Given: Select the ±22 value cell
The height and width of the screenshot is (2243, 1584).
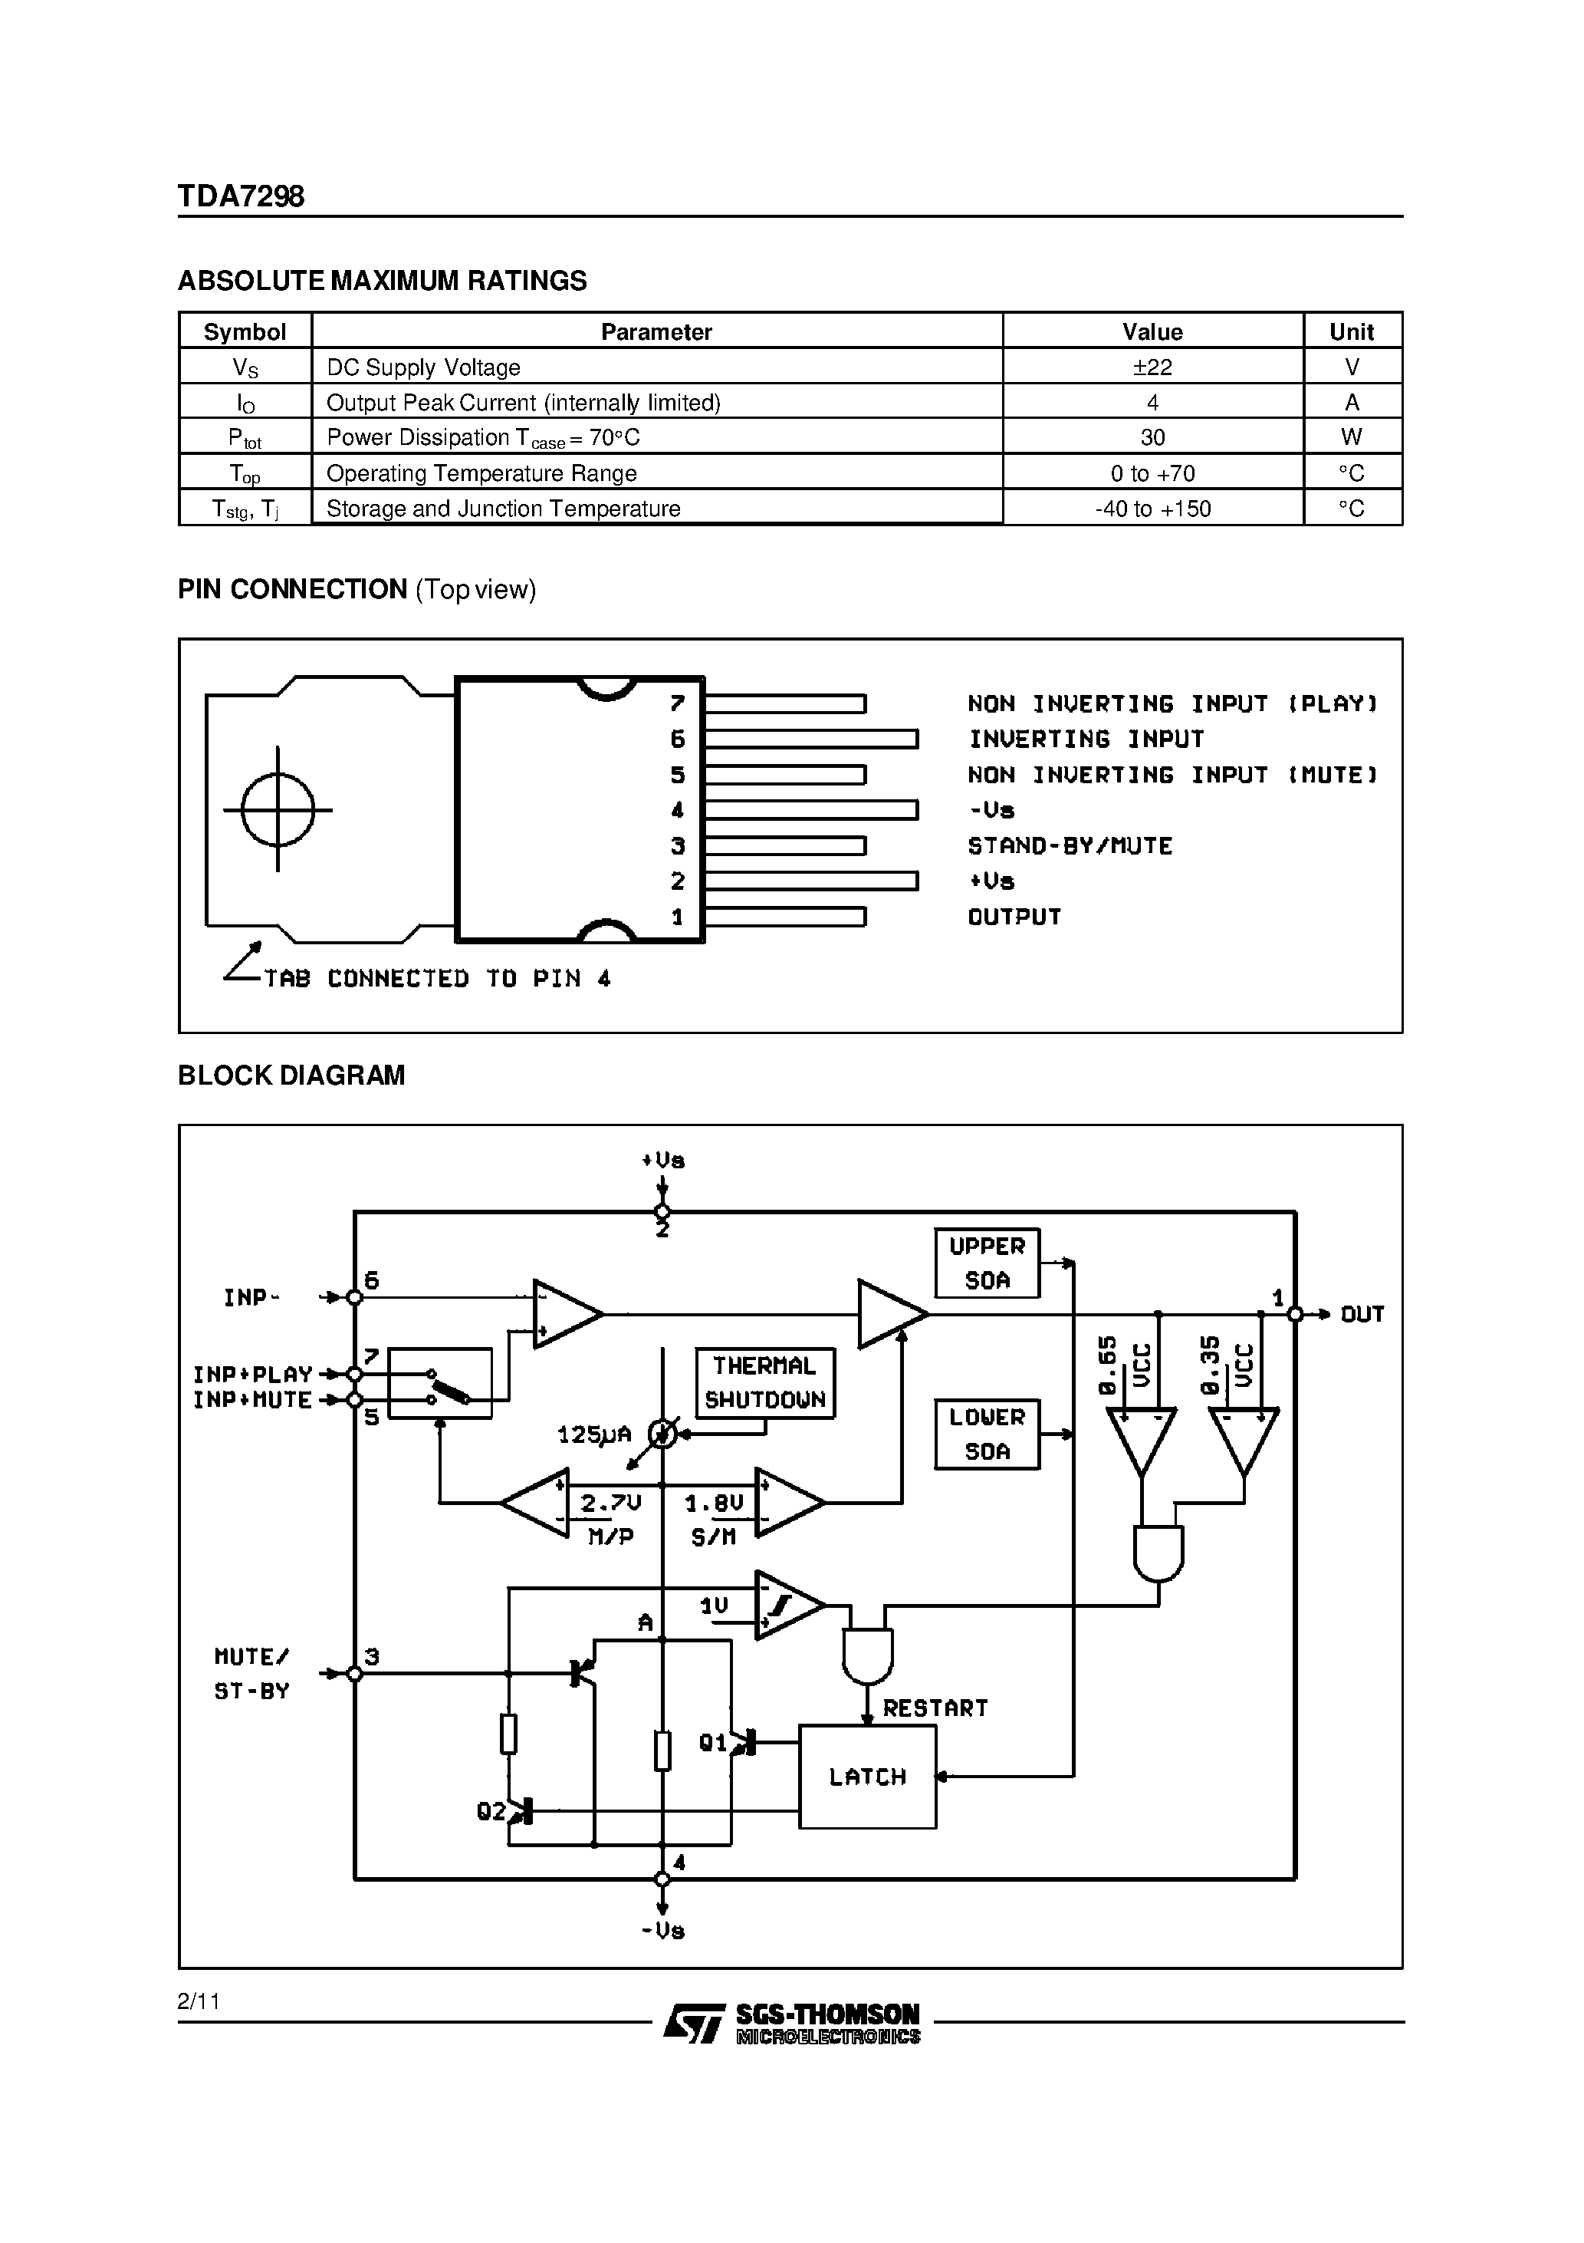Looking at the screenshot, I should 1152,367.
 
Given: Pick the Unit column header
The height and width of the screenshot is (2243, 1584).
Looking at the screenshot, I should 1352,331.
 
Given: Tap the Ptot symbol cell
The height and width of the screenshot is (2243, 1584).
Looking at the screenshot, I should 244,438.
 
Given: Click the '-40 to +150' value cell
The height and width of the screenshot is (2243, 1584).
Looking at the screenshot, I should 1152,509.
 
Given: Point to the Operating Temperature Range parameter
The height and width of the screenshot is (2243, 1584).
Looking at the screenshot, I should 481,474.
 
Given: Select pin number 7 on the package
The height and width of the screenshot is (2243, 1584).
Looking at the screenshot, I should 678,703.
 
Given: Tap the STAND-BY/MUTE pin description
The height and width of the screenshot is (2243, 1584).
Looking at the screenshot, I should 1070,846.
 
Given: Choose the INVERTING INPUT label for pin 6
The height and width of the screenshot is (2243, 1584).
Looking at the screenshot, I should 1086,739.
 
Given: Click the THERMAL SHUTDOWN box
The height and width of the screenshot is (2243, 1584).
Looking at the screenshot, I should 764,1382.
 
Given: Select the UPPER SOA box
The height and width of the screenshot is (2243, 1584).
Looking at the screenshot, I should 986,1263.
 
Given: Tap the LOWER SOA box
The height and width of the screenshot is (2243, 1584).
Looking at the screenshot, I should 986,1434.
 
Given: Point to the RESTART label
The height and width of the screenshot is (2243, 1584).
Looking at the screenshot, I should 935,1708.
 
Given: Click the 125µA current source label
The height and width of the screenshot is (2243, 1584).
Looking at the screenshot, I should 593,1435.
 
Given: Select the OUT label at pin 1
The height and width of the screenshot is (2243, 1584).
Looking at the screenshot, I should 1362,1315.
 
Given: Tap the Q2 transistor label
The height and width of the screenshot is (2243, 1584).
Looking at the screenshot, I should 491,1812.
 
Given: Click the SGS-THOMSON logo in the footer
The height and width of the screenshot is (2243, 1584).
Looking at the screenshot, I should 792,2023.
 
